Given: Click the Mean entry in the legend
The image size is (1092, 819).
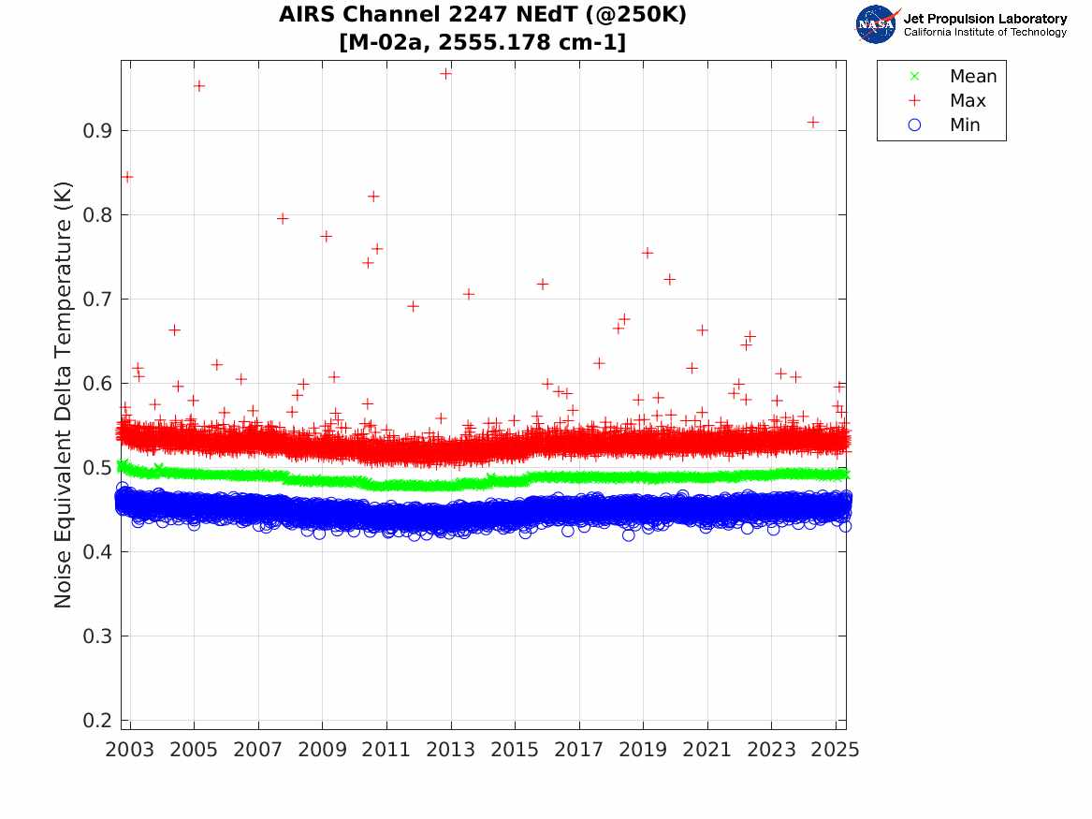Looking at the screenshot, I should [x=972, y=77].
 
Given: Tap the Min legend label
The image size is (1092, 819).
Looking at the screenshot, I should [x=965, y=125].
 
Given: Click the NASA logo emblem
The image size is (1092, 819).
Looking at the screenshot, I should [x=877, y=24].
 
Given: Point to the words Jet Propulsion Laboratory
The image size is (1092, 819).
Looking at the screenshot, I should [x=984, y=19].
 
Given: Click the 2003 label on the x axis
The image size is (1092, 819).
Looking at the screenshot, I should [x=129, y=751].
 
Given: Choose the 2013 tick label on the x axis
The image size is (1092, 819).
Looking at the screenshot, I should [x=450, y=751].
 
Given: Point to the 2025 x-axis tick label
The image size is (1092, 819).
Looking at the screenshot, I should [x=835, y=751].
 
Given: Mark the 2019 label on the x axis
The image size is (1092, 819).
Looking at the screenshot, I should [x=643, y=751].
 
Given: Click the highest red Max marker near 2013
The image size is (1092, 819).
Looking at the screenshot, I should [x=446, y=73].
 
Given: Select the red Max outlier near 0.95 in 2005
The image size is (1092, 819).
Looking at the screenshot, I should [x=198, y=86].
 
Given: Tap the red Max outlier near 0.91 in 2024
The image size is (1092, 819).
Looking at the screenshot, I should [x=813, y=123].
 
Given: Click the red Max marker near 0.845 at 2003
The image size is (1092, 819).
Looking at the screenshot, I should [x=127, y=177].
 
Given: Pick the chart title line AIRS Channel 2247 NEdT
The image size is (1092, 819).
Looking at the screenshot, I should [x=483, y=16].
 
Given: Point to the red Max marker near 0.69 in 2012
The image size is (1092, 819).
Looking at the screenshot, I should [x=413, y=306].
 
